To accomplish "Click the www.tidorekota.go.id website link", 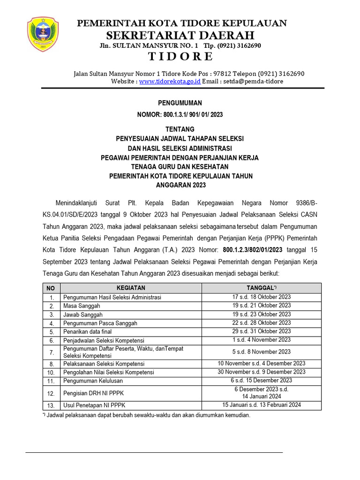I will tap(170, 81).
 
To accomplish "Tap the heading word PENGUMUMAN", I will tap(180, 103).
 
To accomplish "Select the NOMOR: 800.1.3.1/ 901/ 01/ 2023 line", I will tap(180, 114).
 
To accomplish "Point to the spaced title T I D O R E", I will tap(180, 57).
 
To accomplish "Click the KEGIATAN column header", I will tap(131, 288).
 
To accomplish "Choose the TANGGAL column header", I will tap(262, 288).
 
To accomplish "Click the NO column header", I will tap(51, 288).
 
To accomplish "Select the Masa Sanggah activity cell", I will tap(82, 306).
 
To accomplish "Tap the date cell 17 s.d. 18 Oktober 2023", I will tap(262, 297).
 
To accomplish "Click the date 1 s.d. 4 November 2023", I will tap(262, 340).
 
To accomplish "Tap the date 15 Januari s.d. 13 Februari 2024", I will tap(262, 405).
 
